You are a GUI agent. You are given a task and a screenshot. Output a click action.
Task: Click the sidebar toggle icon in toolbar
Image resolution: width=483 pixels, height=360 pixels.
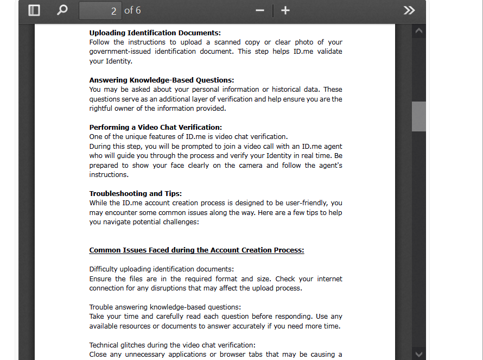(34, 10)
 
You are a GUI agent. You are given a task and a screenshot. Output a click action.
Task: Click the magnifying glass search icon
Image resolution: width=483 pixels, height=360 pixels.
(62, 10)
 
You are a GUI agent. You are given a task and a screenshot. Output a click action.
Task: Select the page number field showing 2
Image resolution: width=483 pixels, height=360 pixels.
(100, 11)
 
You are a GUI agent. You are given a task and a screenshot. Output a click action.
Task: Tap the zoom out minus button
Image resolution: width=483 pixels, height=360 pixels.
(260, 11)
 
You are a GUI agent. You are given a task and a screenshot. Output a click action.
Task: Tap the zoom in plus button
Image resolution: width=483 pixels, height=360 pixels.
(285, 11)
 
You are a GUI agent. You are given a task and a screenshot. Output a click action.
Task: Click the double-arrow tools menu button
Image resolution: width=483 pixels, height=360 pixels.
(409, 11)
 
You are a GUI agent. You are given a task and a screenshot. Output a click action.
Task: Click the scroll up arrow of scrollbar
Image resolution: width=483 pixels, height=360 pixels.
(418, 32)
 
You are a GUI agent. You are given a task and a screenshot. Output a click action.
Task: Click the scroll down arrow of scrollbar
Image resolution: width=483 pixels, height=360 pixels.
(418, 353)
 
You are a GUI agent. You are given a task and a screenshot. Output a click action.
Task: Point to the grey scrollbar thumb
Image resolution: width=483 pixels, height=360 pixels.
(418, 116)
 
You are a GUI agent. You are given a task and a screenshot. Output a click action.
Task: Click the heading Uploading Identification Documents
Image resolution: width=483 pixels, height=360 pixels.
(155, 33)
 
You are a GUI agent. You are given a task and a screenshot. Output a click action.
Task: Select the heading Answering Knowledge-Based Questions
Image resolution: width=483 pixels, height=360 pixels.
(161, 80)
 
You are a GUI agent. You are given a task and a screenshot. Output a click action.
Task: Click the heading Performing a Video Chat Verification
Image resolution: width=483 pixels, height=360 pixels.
(155, 127)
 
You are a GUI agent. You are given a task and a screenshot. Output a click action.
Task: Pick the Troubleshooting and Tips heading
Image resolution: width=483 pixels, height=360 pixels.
(135, 193)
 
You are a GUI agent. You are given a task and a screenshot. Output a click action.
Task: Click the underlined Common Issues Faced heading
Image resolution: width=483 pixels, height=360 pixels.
(196, 250)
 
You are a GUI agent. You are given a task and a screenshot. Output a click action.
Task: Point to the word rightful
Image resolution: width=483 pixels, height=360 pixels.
(102, 109)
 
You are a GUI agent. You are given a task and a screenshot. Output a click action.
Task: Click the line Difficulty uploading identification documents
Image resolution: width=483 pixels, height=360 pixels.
(161, 269)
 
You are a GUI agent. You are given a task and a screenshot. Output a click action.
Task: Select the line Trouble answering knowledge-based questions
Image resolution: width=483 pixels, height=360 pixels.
(165, 307)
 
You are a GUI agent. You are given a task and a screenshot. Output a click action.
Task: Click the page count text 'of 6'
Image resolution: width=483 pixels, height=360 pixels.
(132, 11)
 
